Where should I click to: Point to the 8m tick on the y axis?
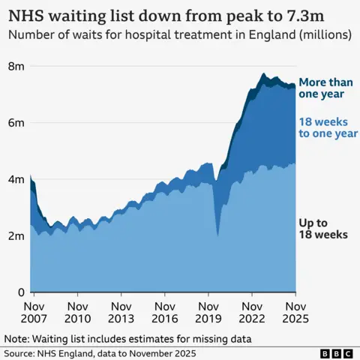(x=16, y=67)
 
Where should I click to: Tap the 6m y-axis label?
(x=16, y=123)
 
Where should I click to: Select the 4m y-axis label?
(x=16, y=179)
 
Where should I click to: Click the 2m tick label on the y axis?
(x=16, y=235)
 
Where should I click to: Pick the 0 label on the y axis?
(x=21, y=292)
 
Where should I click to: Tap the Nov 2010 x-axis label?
(x=78, y=313)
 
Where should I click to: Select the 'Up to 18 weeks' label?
(x=323, y=228)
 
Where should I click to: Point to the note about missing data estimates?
(x=127, y=338)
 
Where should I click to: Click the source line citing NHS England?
(x=101, y=352)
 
